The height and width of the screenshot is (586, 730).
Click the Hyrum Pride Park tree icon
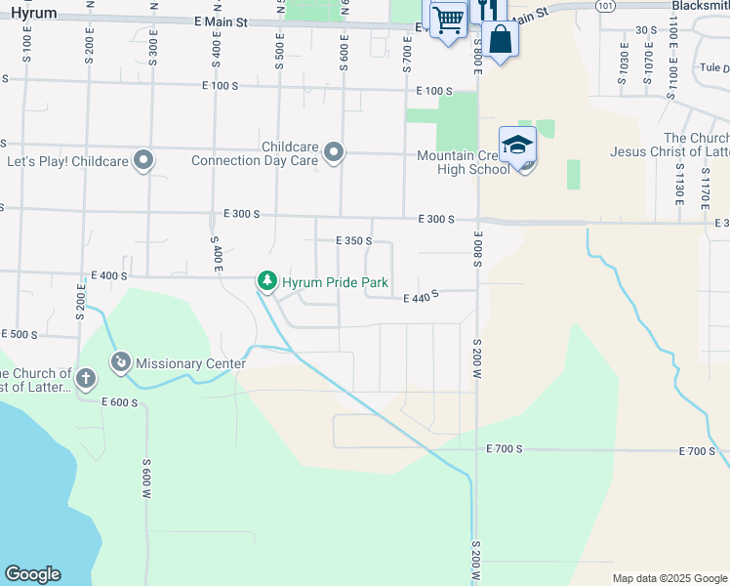[266, 281]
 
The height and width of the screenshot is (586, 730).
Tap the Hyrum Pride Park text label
[335, 282]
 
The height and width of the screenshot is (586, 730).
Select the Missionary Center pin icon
[121, 363]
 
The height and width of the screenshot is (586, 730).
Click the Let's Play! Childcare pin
[144, 160]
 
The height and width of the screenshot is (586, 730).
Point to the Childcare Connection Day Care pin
[335, 152]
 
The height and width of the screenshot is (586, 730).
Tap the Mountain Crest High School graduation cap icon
[517, 145]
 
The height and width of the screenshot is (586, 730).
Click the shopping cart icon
[448, 19]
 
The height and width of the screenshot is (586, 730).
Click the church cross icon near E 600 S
[86, 379]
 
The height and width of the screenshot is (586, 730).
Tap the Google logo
[32, 574]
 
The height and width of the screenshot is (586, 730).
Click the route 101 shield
[606, 5]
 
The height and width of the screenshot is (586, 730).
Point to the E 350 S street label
[354, 240]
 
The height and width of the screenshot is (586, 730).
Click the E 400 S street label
[109, 276]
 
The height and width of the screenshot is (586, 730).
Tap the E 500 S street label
[19, 334]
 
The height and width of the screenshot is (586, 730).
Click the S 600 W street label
[146, 481]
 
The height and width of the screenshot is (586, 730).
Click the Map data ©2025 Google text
[670, 578]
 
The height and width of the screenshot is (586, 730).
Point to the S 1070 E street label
[647, 64]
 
